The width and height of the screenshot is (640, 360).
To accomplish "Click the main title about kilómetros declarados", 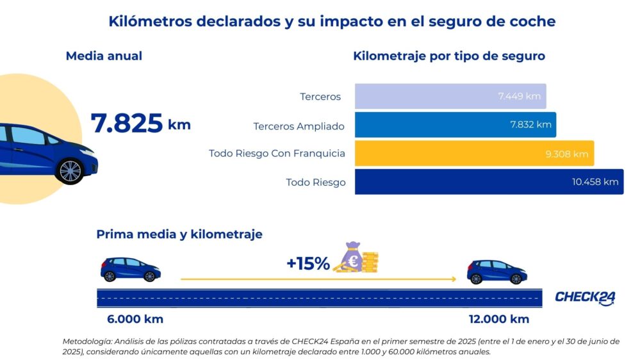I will coord(332,21).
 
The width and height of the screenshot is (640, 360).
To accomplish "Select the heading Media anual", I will coord(104,56).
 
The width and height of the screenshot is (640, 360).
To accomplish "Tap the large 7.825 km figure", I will coord(140,123).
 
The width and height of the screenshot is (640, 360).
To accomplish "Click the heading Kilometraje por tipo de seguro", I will coord(448,56).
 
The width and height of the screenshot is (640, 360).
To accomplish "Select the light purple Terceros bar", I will coord(450,97).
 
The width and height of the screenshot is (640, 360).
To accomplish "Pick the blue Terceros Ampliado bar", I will coord(455,125).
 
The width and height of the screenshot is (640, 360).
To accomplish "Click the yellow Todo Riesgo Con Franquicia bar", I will coord(474,154).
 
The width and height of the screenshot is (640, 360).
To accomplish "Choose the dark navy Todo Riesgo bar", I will coord(488,182).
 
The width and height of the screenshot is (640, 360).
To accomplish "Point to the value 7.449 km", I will coord(520,97).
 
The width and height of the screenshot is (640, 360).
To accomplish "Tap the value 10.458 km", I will coord(595,182).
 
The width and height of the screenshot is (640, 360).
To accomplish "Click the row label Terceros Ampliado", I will coord(299,126).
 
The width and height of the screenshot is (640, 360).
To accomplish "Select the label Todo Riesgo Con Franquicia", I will coord(277,154).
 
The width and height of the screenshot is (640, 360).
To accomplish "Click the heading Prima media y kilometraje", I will coord(179,234).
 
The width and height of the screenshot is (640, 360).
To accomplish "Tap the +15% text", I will coord(308,263).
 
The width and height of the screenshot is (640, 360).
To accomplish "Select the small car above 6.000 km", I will coord(130,269).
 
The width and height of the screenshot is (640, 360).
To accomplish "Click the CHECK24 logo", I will coord(585,297).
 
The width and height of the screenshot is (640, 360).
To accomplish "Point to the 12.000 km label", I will coord(499,319).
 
